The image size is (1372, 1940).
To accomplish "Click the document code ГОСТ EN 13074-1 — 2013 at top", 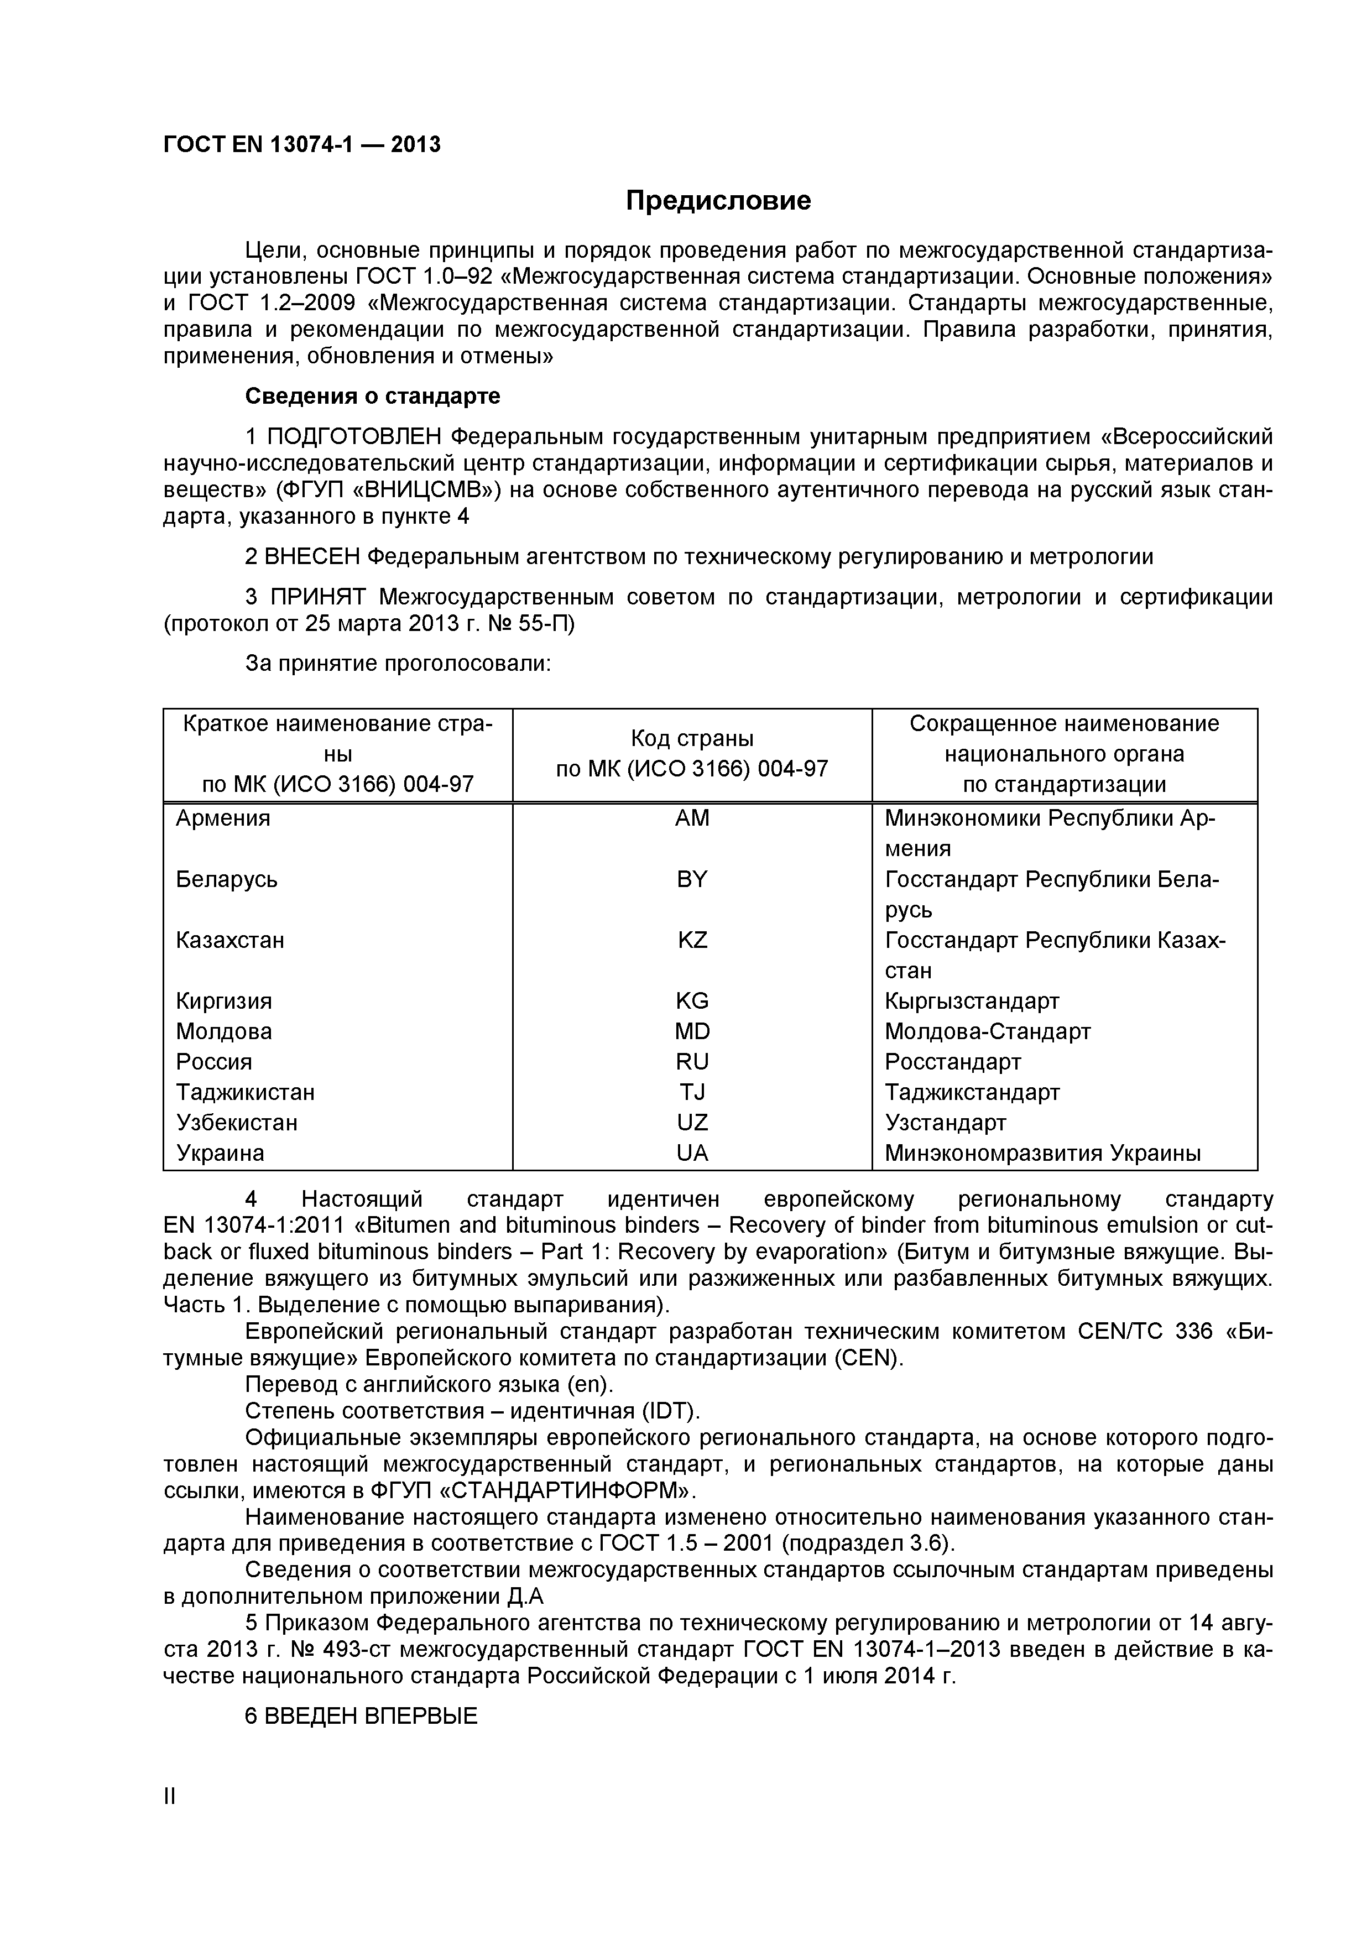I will [301, 145].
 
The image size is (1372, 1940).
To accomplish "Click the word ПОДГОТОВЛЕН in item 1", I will [354, 437].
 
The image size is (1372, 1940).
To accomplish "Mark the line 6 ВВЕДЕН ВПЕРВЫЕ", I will [362, 1715].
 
